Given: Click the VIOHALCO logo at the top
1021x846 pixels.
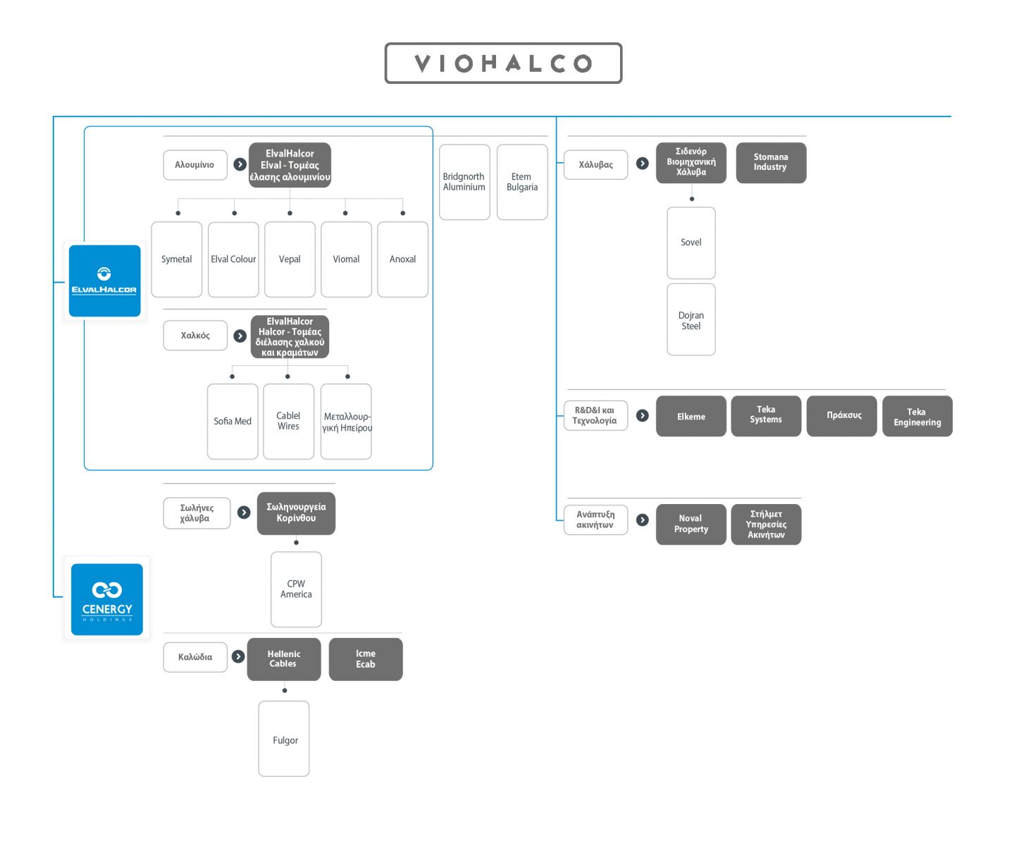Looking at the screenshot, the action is (502, 63).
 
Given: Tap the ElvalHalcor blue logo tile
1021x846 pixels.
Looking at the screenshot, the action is (105, 281).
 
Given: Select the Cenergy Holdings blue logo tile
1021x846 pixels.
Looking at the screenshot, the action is (107, 599).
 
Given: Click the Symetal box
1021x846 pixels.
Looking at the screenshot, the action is (177, 259).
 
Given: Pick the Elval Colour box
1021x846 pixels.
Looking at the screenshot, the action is (233, 259).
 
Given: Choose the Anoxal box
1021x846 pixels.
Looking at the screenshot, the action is (402, 259).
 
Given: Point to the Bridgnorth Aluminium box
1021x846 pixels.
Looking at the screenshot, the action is (464, 182).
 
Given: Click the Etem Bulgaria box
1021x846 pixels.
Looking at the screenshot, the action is (521, 182).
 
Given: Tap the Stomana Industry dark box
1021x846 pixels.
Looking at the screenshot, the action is (771, 162).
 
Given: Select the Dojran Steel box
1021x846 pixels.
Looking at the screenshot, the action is (691, 319).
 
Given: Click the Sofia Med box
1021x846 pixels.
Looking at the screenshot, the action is (233, 422).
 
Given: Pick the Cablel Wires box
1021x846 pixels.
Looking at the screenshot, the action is (288, 422).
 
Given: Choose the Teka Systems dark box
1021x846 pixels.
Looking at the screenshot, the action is (766, 415).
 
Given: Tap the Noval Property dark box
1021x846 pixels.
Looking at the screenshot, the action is (691, 524).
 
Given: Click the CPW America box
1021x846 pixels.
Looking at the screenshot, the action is (296, 589).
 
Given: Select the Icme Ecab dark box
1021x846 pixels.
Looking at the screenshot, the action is (366, 658).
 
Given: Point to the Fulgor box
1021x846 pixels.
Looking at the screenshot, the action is (284, 739).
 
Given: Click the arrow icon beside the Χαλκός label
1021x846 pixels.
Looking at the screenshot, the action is (240, 336).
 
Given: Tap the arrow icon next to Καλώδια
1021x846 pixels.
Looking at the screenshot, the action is (238, 656).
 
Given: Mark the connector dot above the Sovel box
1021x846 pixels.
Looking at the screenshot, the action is (691, 199).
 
